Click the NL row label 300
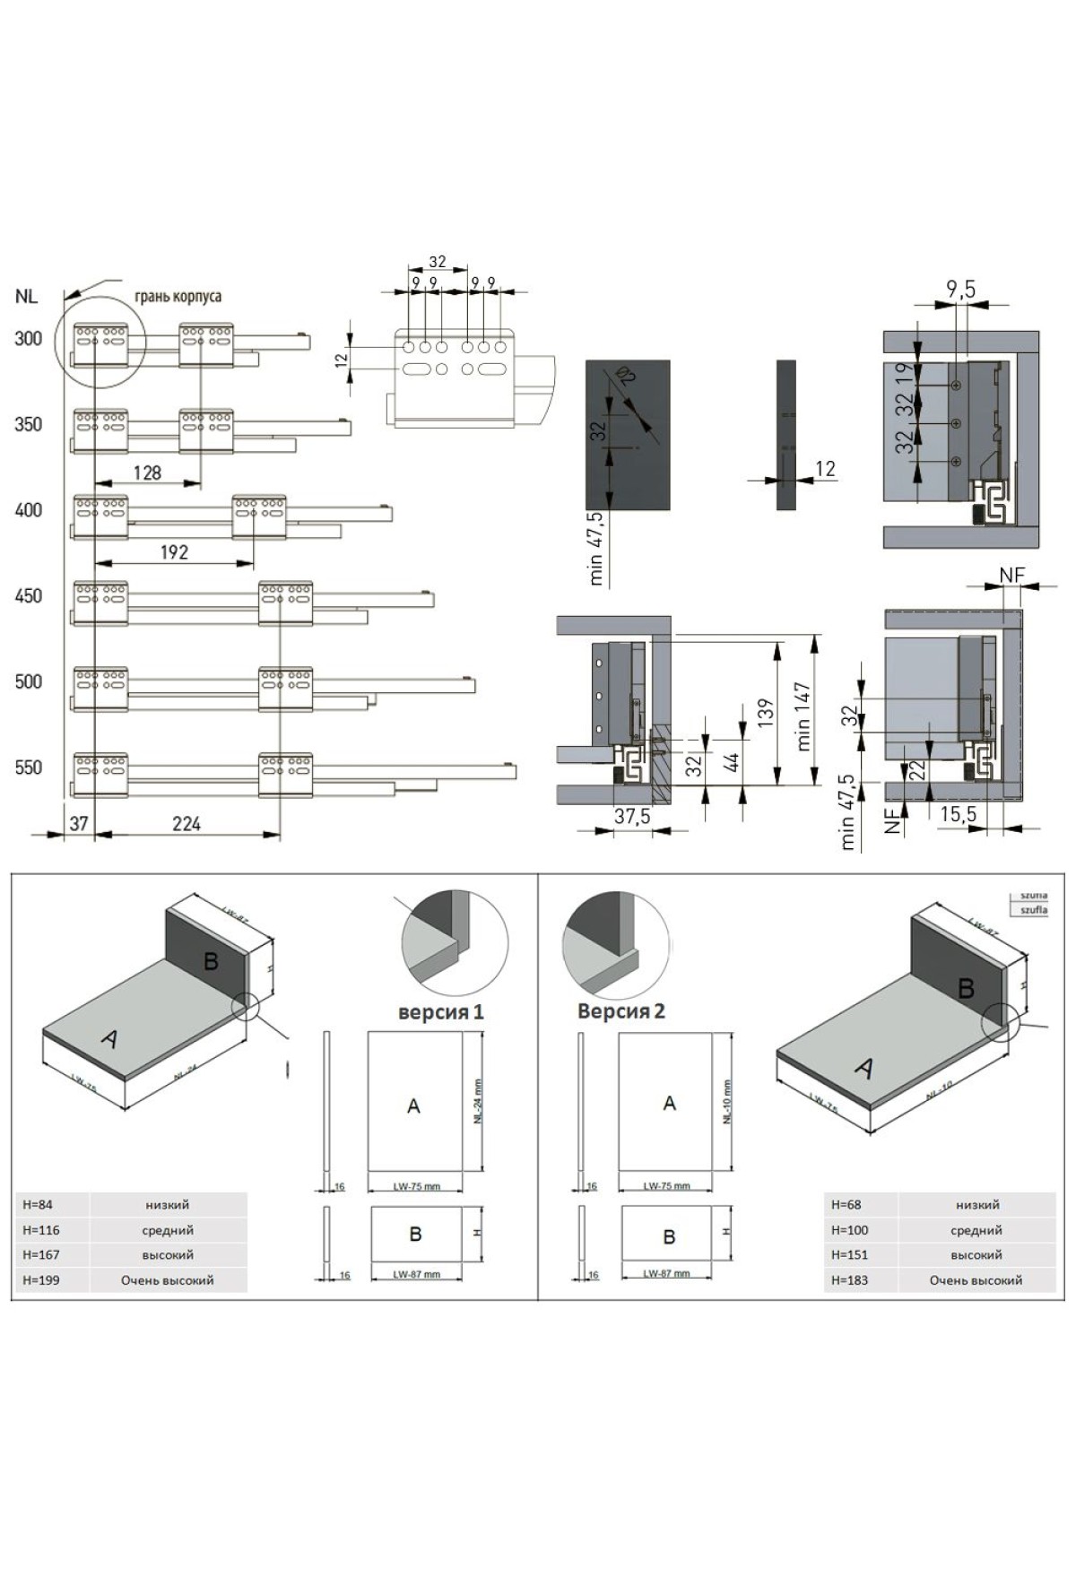coord(29,339)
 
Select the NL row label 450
coord(29,596)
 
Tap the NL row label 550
coord(29,767)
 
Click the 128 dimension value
coord(147,473)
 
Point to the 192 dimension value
coord(174,552)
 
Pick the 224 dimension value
coord(187,823)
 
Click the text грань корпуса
coord(178,296)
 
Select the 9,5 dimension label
coord(960,289)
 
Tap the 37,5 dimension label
coord(632,817)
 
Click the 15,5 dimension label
coord(958,814)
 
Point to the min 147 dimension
coord(803,716)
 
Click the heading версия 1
coord(441,1012)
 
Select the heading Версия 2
coord(621,1011)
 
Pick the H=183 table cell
coord(849,1279)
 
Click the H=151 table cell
coord(849,1254)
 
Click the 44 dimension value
coord(732,763)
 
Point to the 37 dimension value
coord(79,823)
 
